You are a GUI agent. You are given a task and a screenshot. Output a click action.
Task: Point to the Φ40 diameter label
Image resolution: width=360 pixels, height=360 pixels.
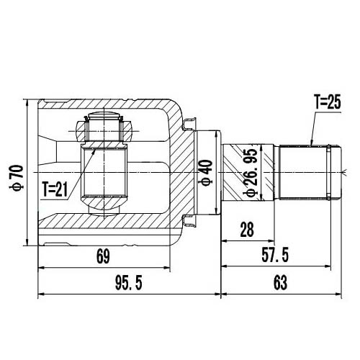click(x=207, y=174)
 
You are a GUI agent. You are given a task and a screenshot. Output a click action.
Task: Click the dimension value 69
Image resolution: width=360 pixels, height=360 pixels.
click(x=103, y=256)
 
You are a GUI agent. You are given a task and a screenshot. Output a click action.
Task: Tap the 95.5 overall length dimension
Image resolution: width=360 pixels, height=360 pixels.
click(x=128, y=283)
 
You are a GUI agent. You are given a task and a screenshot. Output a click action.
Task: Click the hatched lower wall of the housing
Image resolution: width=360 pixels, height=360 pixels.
click(x=108, y=230)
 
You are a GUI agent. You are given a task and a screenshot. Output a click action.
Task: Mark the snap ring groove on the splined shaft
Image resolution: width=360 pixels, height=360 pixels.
click(x=329, y=174)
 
